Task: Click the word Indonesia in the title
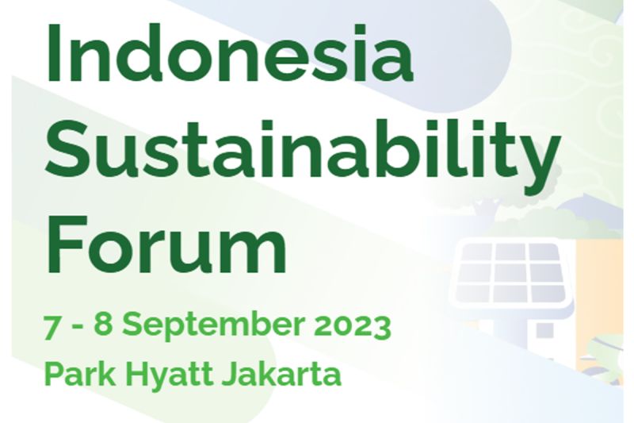point(230,52)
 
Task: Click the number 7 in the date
point(52,326)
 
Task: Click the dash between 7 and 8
point(76,328)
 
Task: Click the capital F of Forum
point(67,244)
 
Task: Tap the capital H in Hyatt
point(136,374)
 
